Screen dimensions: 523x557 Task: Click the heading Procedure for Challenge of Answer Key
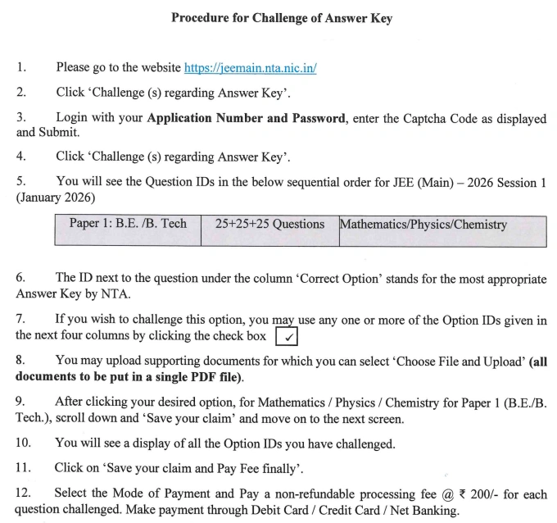tap(281, 18)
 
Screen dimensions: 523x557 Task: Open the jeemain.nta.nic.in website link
tap(250, 68)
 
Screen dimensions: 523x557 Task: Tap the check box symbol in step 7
tap(287, 337)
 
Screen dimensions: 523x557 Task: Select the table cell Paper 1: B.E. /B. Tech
tap(128, 224)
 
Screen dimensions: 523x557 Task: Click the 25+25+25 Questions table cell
tap(269, 224)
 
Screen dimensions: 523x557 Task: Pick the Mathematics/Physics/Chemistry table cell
tap(423, 225)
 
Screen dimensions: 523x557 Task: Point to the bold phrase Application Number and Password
tap(246, 118)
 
